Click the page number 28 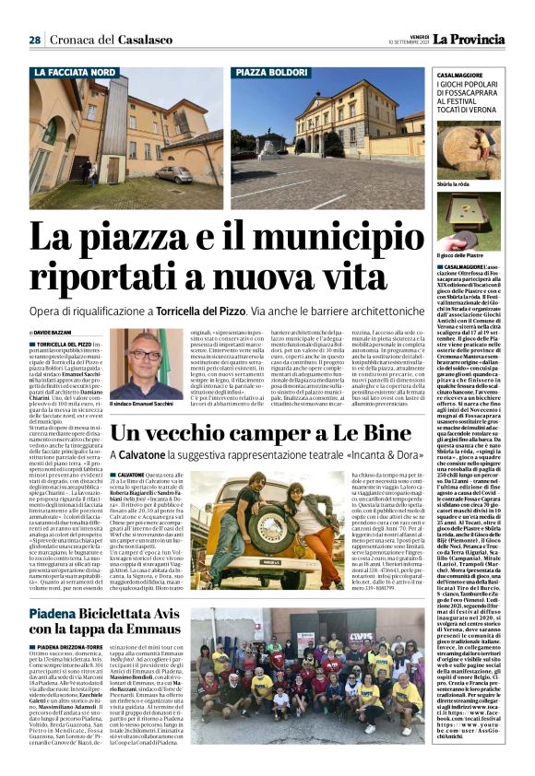tap(34, 40)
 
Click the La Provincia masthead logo tap(470, 39)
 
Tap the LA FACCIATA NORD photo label tap(76, 72)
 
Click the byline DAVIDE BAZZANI tap(58, 331)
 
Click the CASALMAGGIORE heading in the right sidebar tap(444, 73)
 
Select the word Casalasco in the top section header tap(147, 40)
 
